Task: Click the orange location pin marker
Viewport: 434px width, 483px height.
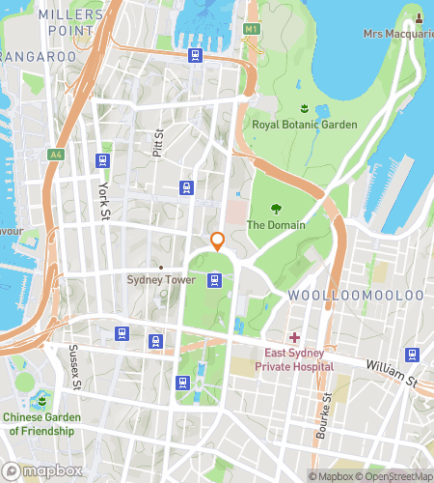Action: coord(218,241)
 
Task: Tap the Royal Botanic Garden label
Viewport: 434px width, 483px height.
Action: coord(304,125)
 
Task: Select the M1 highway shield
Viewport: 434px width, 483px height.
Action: coord(252,29)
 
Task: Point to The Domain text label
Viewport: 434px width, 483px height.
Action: coord(276,225)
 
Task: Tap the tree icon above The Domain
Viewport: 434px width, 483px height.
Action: coord(276,208)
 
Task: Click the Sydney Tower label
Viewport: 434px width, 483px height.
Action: coord(160,280)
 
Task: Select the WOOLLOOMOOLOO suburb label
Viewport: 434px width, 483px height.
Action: coord(355,294)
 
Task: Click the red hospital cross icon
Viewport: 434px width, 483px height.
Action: coord(293,337)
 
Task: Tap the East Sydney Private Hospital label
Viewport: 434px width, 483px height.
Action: coord(294,360)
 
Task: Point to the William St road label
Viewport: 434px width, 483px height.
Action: coord(391,373)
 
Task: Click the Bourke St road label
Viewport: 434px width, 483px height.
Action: coord(328,412)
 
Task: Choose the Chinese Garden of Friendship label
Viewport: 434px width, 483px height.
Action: coord(41,424)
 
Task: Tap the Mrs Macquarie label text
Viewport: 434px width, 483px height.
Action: coord(397,34)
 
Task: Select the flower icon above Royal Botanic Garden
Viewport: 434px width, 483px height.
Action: coord(304,108)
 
